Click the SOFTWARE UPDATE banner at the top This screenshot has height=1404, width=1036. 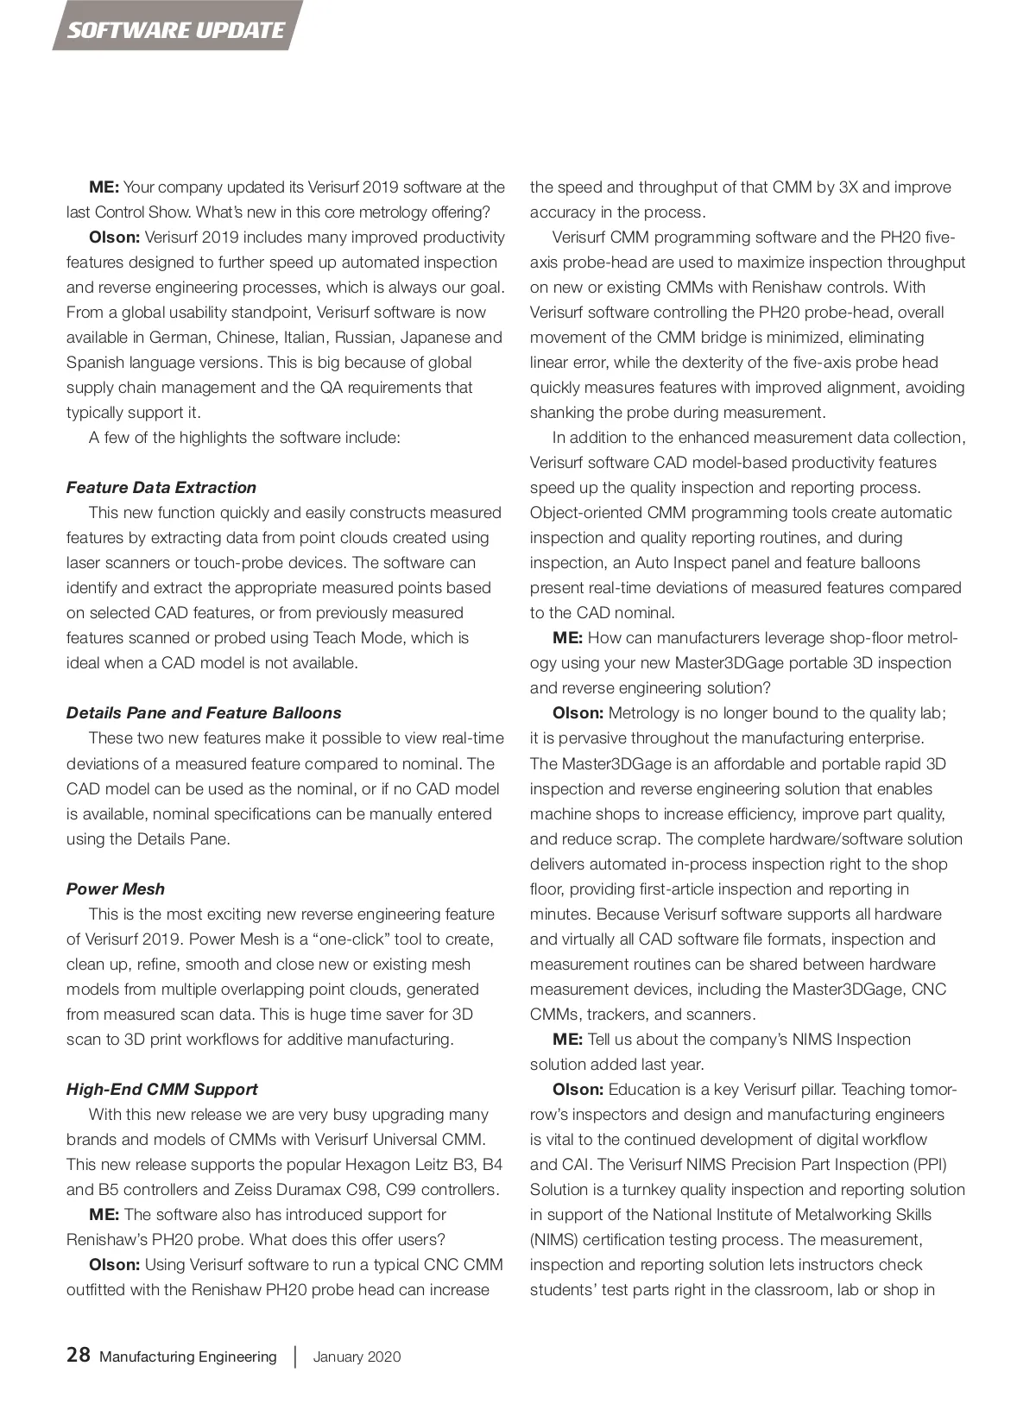point(176,30)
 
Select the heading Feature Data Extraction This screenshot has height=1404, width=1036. point(161,487)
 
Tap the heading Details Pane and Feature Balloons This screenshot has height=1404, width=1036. point(204,712)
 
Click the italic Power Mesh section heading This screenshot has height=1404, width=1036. point(115,889)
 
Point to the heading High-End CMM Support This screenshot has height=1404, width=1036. point(162,1089)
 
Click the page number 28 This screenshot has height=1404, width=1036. point(78,1355)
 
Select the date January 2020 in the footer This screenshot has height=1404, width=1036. point(357,1357)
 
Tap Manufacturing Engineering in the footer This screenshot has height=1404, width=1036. point(188,1357)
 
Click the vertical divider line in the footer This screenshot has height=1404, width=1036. point(295,1357)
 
